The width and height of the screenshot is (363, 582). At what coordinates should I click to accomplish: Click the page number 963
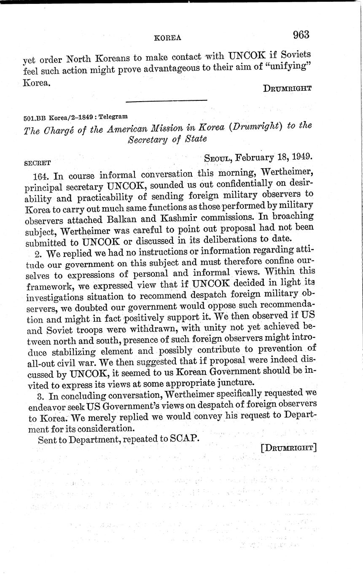pyautogui.click(x=301, y=35)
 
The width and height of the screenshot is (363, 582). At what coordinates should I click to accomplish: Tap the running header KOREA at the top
pyautogui.click(x=168, y=38)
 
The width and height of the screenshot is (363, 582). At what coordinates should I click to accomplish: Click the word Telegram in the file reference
pyautogui.click(x=113, y=116)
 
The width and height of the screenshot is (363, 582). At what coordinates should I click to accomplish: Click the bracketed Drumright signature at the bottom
pyautogui.click(x=288, y=448)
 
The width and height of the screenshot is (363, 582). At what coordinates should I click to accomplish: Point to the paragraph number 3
pyautogui.click(x=40, y=396)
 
